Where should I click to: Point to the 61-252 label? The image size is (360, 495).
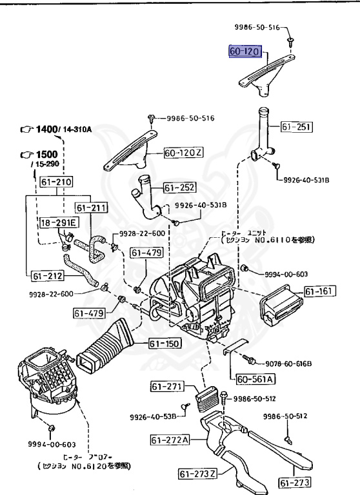point(179,188)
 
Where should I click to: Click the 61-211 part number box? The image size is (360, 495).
point(90,208)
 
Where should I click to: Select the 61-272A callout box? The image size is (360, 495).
point(171,440)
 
